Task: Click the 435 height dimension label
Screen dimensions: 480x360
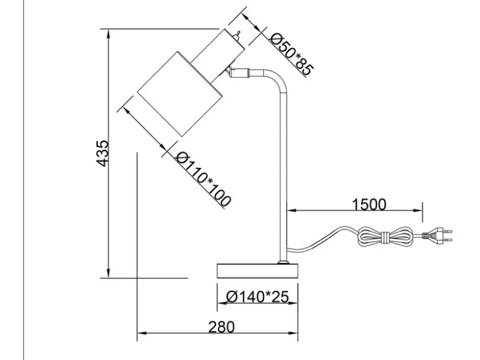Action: coord(102,153)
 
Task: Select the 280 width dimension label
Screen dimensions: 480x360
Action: coord(222,327)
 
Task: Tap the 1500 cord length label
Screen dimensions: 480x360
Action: coord(369,204)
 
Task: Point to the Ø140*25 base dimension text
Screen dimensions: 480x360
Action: coord(257,297)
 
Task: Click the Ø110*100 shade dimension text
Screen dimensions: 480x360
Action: coord(203,178)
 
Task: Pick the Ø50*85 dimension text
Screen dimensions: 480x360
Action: coord(292,54)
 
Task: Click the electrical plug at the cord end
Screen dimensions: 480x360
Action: coord(437,236)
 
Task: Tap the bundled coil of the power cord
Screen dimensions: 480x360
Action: coord(385,236)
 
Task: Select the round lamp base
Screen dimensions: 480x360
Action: coord(257,271)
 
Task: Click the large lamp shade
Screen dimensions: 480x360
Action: coord(180,94)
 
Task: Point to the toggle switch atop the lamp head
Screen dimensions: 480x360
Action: coord(236,36)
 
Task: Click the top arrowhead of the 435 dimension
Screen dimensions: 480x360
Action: coord(108,34)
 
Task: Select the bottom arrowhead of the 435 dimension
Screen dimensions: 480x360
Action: coord(108,273)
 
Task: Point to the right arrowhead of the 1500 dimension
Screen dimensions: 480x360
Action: coord(418,210)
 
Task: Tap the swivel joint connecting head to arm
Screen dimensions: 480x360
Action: coord(238,73)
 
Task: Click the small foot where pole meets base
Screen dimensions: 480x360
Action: coord(283,262)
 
